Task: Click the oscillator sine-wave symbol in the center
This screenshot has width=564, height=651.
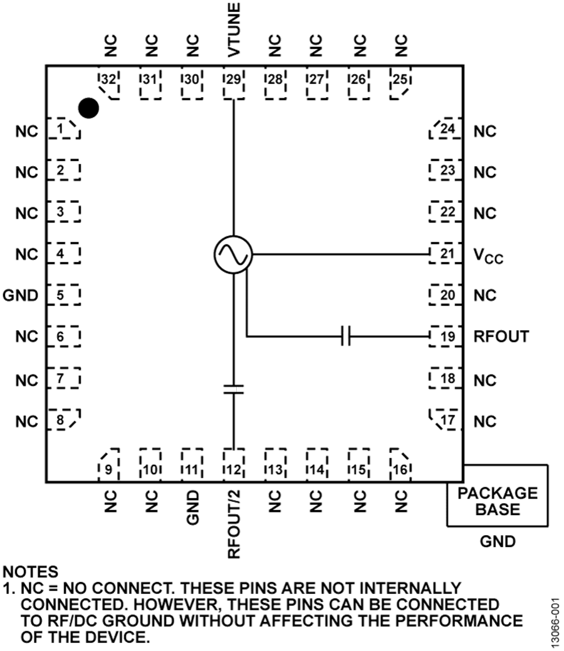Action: [232, 254]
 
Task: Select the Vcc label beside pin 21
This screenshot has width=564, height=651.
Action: [489, 256]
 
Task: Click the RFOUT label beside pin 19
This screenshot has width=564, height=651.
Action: [501, 336]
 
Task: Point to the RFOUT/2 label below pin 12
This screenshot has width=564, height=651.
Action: [234, 524]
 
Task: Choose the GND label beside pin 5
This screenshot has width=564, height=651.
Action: [21, 295]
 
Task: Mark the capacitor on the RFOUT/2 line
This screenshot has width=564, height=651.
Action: [233, 390]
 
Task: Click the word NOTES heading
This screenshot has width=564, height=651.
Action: [31, 572]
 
